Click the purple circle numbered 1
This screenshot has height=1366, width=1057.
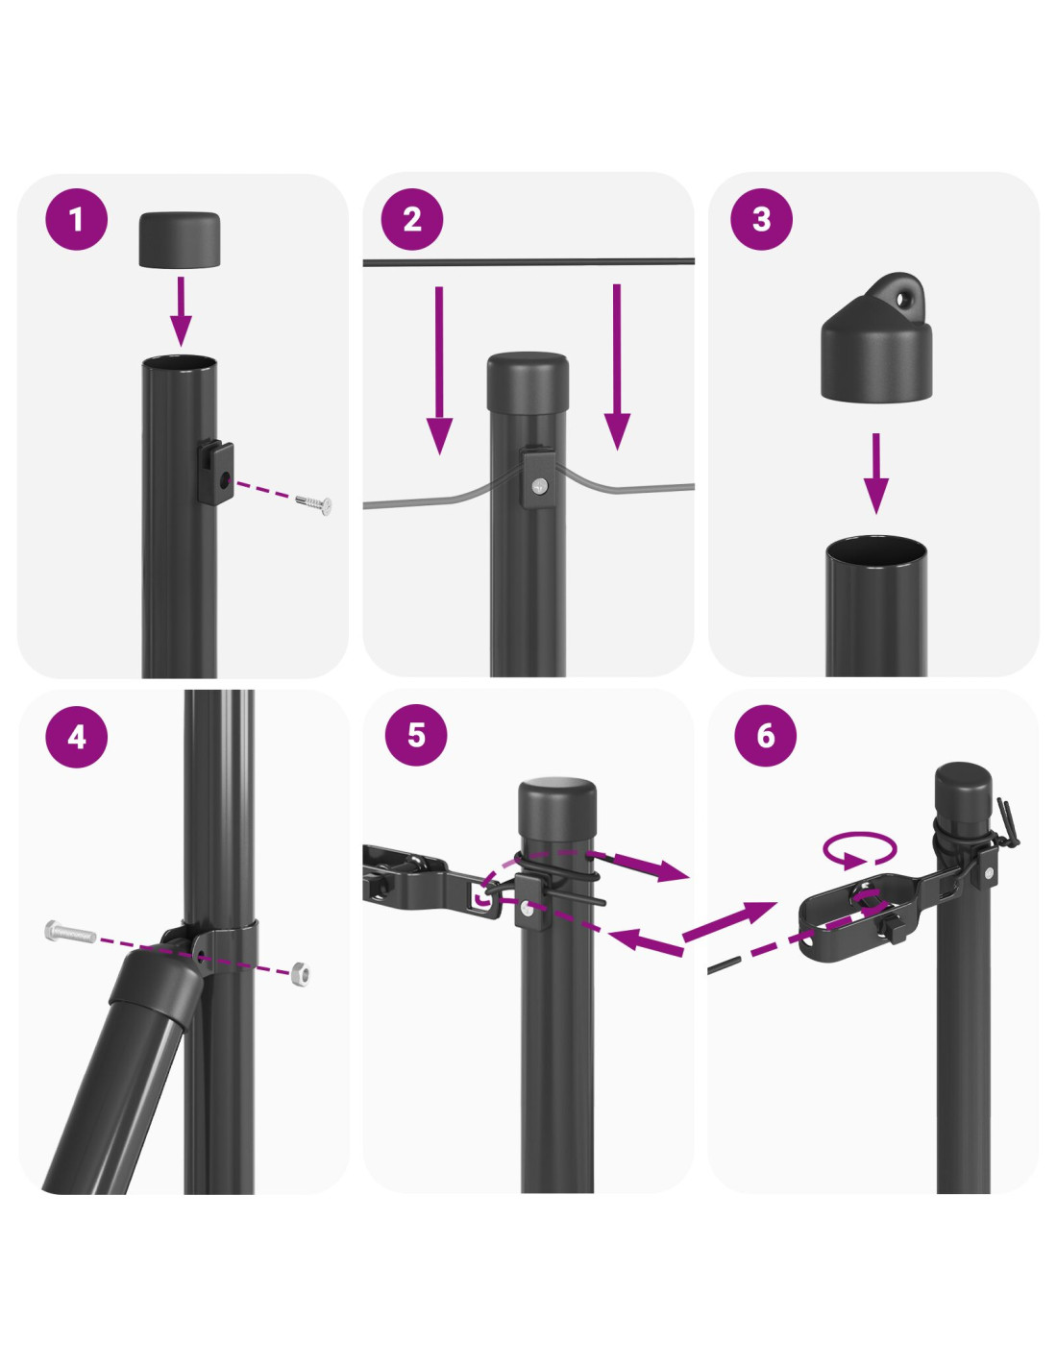coord(76,219)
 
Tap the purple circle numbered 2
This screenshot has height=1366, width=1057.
coord(412,219)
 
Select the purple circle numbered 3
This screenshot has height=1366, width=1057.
coord(761,219)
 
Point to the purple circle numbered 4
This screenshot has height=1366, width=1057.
coord(76,736)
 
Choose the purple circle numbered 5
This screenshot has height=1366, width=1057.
coord(416,734)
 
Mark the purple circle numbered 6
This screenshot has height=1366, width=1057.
coord(765,734)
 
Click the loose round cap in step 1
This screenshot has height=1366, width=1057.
coord(179,239)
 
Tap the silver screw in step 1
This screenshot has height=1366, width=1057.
coord(314,503)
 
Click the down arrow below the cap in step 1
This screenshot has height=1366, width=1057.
coord(181,311)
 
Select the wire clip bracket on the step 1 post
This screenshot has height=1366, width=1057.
coord(215,472)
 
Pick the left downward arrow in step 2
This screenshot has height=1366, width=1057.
coord(439,370)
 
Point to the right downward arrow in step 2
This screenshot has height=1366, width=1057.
coord(617,367)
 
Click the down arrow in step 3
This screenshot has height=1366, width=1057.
coord(875,474)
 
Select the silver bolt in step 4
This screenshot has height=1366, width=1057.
coord(70,931)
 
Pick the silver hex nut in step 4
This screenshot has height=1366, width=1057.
coord(300,974)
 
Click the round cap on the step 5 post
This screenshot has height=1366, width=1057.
coord(557,809)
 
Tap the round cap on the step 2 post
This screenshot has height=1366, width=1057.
coord(528,380)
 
